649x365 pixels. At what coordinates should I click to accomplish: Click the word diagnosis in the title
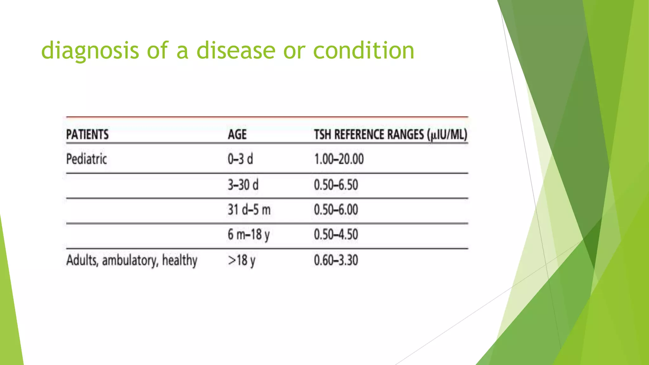click(x=90, y=51)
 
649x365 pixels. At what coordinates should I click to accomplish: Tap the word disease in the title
click(x=236, y=51)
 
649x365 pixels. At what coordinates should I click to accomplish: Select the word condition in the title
click(x=363, y=51)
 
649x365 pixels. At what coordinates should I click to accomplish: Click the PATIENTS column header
click(x=87, y=135)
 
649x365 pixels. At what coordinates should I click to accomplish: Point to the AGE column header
click(x=237, y=135)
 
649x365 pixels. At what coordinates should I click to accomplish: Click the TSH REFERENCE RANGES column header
click(x=390, y=135)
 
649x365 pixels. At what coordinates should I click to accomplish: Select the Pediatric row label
click(x=86, y=159)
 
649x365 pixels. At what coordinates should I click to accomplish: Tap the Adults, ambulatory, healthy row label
click(x=132, y=260)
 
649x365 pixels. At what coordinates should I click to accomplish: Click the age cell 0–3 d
click(x=240, y=159)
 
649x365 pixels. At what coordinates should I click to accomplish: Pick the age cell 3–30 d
click(x=243, y=185)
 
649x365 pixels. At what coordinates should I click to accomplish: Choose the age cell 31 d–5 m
click(x=249, y=210)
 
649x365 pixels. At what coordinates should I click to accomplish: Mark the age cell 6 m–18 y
click(x=248, y=235)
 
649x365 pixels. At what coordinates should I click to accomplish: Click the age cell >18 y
click(x=241, y=260)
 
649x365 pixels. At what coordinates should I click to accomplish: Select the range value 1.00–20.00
click(x=339, y=159)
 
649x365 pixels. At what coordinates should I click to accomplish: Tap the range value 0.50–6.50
click(x=336, y=185)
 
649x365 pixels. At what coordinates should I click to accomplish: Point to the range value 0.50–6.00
click(x=336, y=210)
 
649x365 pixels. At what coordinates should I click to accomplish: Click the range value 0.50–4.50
click(x=336, y=235)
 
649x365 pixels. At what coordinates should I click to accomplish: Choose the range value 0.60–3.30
click(x=336, y=260)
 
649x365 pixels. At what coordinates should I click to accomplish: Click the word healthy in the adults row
click(x=180, y=260)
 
